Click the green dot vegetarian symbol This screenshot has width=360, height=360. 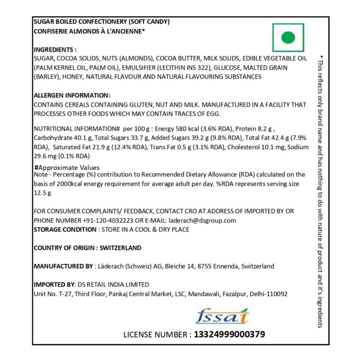click(288, 37)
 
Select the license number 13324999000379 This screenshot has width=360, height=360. click(229, 334)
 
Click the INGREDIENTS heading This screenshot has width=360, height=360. click(55, 50)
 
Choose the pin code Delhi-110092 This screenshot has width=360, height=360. click(268, 294)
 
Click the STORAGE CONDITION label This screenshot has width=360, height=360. click(65, 229)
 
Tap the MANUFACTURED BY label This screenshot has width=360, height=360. click(63, 266)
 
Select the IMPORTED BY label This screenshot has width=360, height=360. click(53, 284)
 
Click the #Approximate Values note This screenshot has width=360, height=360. click(67, 168)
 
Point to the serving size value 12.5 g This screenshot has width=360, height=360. click(42, 193)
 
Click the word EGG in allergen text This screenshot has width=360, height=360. click(212, 113)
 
